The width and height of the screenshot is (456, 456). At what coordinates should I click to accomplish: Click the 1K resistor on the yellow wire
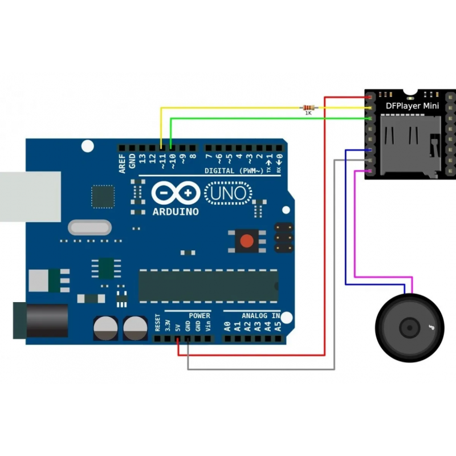pos(308,107)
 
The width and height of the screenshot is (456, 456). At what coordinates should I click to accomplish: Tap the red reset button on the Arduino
pos(247,241)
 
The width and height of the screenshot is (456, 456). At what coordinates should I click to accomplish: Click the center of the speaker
pos(409,327)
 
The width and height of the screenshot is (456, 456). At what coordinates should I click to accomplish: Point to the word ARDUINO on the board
pos(176,211)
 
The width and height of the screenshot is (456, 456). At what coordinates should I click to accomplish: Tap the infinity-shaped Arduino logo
pos(176,194)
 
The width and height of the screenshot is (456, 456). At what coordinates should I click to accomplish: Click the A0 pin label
pos(227,327)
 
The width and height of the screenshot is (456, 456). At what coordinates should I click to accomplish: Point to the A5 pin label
pos(278,327)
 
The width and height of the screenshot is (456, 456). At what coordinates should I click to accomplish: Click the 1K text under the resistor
pos(308,113)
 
